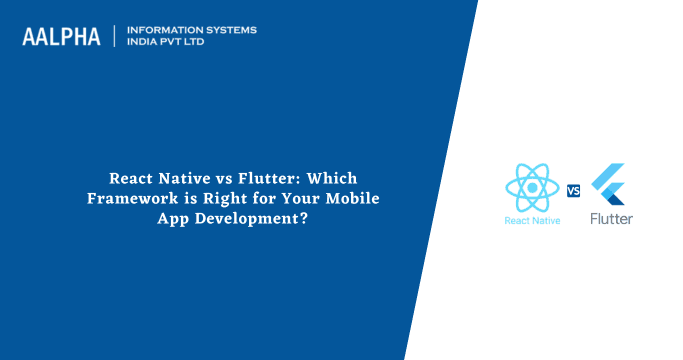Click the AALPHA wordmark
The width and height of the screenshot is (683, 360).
[61, 37]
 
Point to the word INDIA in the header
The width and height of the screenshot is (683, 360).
[142, 43]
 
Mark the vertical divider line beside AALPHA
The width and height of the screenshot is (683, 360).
[115, 36]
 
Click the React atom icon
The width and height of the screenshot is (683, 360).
[531, 187]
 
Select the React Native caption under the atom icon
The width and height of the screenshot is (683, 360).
[531, 219]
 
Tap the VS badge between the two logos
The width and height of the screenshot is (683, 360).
[574, 191]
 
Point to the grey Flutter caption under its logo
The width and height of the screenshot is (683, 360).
[610, 218]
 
